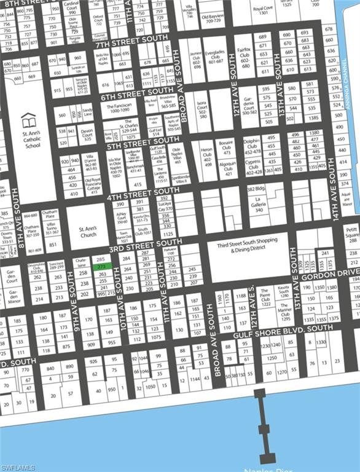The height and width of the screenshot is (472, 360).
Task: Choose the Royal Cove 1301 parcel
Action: pos(263,10)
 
